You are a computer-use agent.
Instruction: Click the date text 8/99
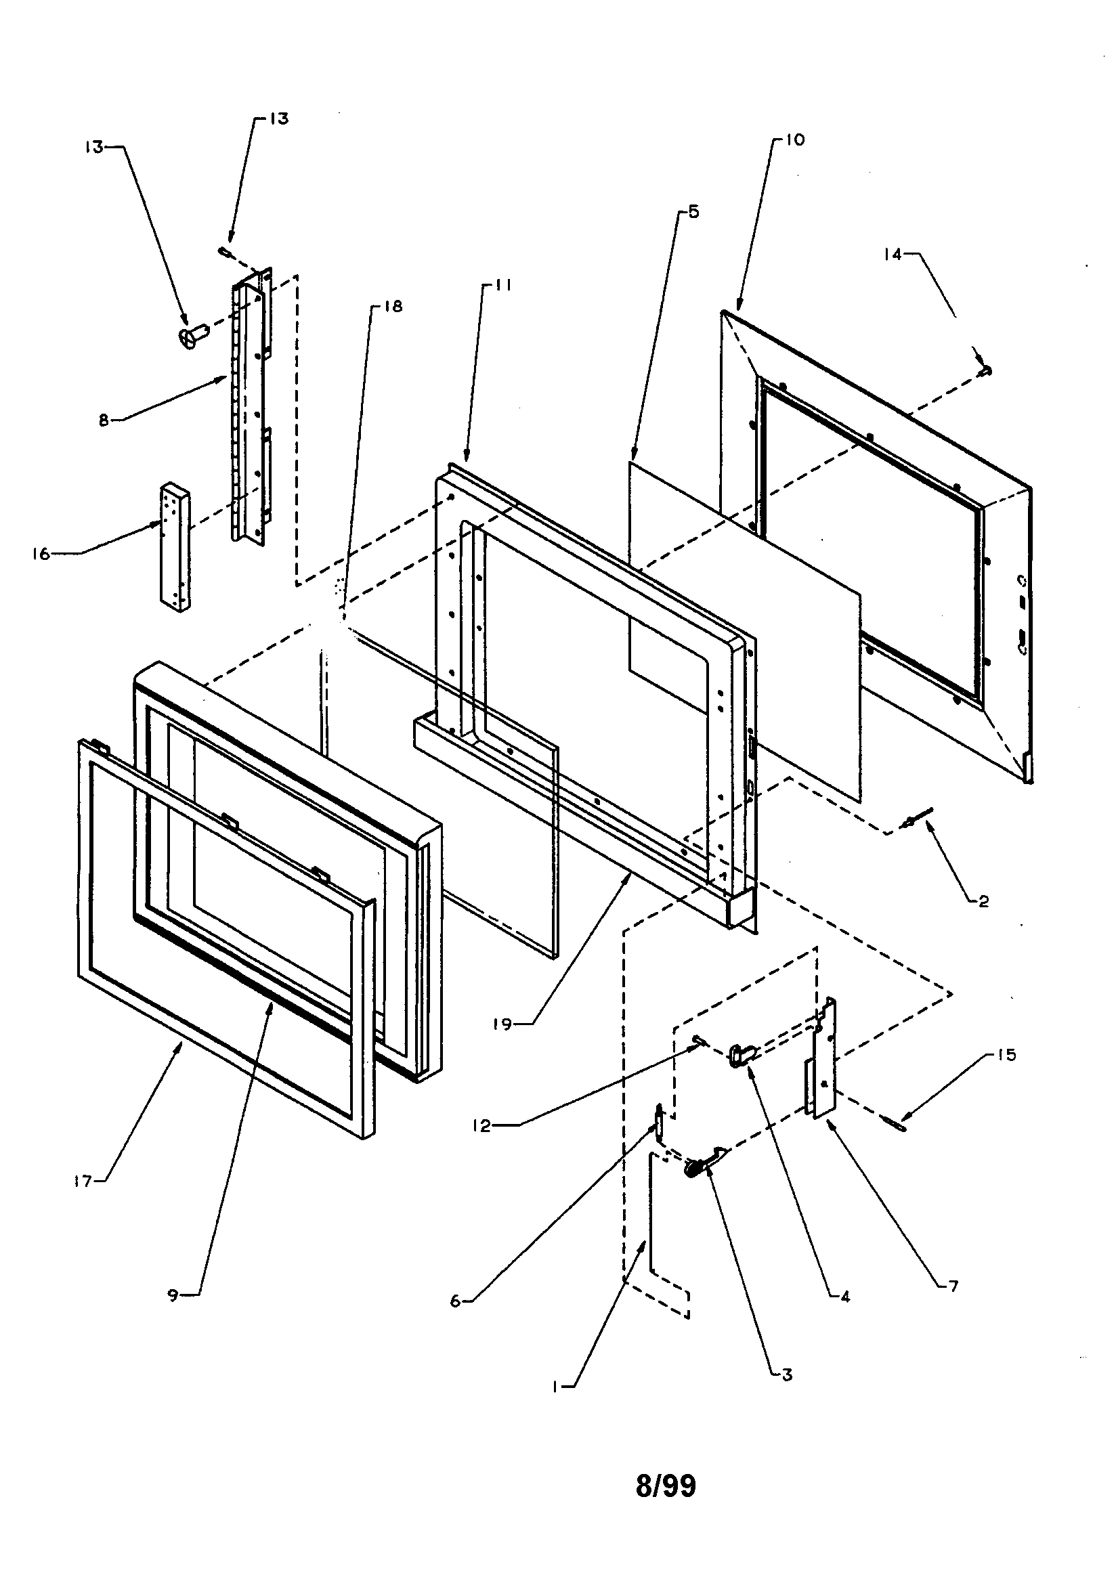666,1486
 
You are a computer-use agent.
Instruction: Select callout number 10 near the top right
794,140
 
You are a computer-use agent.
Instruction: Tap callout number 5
693,213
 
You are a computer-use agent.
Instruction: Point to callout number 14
893,255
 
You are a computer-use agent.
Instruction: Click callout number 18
393,306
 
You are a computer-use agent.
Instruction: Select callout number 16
41,554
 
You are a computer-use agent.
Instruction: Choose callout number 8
104,420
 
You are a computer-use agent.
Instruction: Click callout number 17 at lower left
83,1181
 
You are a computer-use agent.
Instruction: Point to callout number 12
481,1126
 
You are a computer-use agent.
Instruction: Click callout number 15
1006,1055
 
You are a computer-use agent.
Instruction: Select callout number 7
954,1286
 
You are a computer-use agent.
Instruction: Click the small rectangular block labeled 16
175,548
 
